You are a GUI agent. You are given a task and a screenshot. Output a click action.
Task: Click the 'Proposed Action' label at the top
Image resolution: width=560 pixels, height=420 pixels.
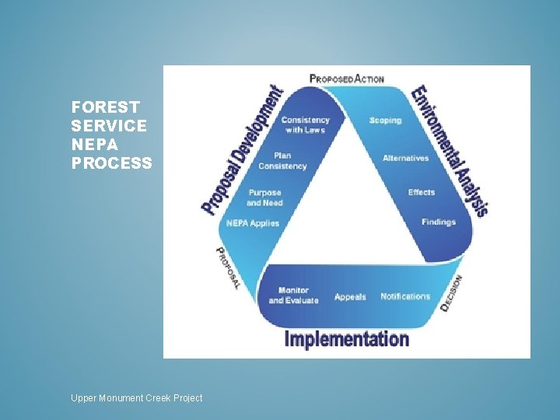[x=347, y=79]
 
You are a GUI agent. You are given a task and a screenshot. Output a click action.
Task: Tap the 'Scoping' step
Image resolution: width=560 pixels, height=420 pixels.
[x=385, y=121]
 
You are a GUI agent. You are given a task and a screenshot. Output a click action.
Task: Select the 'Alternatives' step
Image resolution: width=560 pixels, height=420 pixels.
[x=405, y=158]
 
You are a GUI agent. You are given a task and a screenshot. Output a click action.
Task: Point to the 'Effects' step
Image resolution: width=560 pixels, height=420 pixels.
[x=422, y=192]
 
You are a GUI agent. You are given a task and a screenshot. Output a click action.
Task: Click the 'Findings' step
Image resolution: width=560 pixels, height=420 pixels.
[x=439, y=222]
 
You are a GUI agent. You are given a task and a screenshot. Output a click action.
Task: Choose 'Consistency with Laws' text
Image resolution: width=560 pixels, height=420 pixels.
[x=305, y=124]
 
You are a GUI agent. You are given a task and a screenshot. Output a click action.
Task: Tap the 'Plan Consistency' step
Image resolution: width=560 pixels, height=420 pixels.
[x=282, y=161]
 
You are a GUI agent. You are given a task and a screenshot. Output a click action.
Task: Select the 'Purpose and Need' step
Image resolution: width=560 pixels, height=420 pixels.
[x=264, y=198]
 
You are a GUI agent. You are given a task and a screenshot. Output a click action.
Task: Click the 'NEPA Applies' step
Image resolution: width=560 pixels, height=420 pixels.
[x=252, y=223]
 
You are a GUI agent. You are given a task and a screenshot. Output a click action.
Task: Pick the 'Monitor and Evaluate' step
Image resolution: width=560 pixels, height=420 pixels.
[x=293, y=296]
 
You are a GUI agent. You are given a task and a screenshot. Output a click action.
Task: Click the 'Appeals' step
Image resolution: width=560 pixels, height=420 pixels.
[x=350, y=297]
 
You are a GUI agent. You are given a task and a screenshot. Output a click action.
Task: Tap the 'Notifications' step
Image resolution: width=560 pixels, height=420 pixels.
[x=405, y=296]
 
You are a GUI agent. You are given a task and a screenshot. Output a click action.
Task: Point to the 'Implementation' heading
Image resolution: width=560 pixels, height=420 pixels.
[x=347, y=339]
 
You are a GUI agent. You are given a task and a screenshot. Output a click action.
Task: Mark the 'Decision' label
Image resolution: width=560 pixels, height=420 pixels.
[x=452, y=293]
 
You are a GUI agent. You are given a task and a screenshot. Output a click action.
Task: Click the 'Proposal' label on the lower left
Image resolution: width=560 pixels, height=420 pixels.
[x=227, y=268]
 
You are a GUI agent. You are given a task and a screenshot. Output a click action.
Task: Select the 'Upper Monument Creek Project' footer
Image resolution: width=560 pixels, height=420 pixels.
[x=136, y=397]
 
